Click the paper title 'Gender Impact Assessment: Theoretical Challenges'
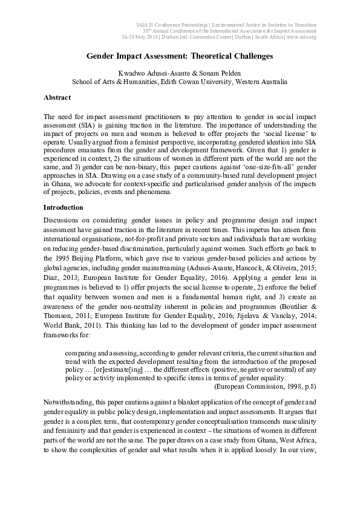[180, 56]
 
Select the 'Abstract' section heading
[57, 97]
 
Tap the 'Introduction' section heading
[62, 207]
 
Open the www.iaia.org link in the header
[301, 37]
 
